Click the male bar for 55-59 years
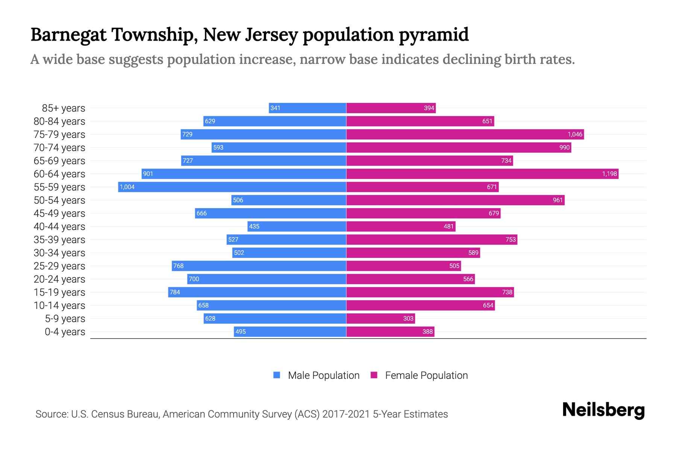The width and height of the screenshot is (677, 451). (x=232, y=187)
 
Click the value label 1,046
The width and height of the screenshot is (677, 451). (x=575, y=134)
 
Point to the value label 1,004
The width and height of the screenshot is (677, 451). (x=127, y=187)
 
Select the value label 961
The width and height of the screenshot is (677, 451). (x=557, y=200)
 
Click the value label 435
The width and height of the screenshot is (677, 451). (x=254, y=226)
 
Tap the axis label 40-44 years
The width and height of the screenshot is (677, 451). (x=59, y=226)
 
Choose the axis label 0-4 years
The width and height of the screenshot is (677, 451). (x=65, y=331)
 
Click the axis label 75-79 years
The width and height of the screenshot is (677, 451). (x=59, y=134)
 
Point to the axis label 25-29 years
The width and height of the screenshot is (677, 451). (x=59, y=266)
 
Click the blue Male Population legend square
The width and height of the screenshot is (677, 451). (x=277, y=375)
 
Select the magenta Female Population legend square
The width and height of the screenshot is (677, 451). (x=374, y=375)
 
